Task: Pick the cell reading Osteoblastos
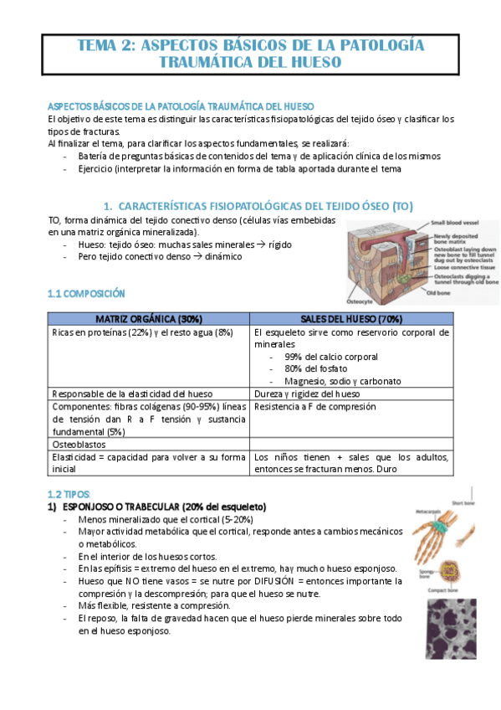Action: pos(80,442)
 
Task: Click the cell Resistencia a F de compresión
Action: pos(315,406)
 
